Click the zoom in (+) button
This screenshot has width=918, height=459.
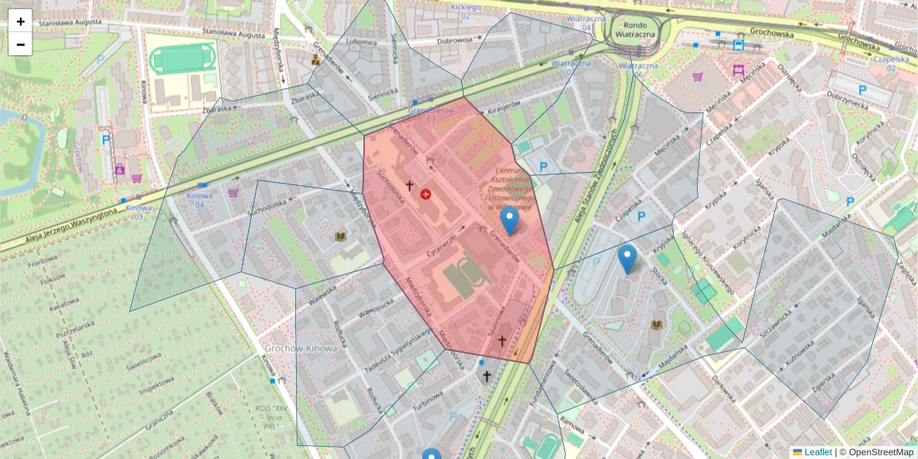21,21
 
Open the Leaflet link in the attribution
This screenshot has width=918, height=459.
817,452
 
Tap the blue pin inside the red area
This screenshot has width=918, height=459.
509,221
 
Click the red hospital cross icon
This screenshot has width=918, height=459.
425,194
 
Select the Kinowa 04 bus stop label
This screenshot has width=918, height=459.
200,200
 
